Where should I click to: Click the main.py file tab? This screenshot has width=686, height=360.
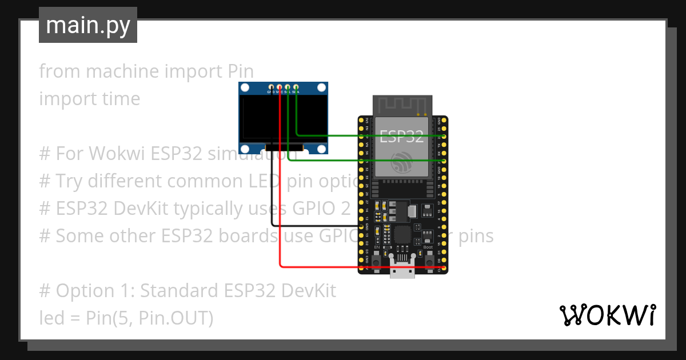click(x=88, y=25)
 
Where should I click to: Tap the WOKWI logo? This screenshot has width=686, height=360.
click(x=608, y=315)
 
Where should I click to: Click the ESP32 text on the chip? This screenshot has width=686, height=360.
click(x=402, y=137)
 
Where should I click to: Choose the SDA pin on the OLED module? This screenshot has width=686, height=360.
click(x=296, y=86)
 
